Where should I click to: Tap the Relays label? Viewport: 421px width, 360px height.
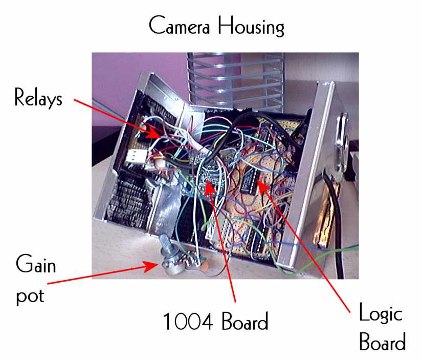click(38, 97)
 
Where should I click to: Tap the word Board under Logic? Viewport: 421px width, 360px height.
click(382, 342)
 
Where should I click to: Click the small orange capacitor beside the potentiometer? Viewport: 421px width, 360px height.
click(204, 266)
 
